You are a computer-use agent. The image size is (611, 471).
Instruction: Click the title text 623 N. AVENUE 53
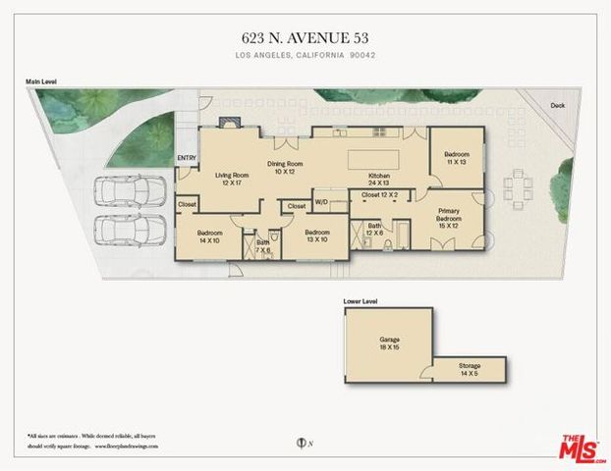coord(305,37)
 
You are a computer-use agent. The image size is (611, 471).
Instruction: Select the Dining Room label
coord(285,168)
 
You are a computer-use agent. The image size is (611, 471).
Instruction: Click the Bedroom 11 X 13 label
coord(457,159)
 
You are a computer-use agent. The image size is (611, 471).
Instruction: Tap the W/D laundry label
coord(321,203)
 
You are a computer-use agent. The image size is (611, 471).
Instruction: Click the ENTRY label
coord(187,158)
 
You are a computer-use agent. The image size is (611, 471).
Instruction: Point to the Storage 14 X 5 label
coord(469,370)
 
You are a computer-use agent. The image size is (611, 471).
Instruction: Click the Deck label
coord(557,105)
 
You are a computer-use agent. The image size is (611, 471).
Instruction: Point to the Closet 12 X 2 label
coord(380,195)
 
